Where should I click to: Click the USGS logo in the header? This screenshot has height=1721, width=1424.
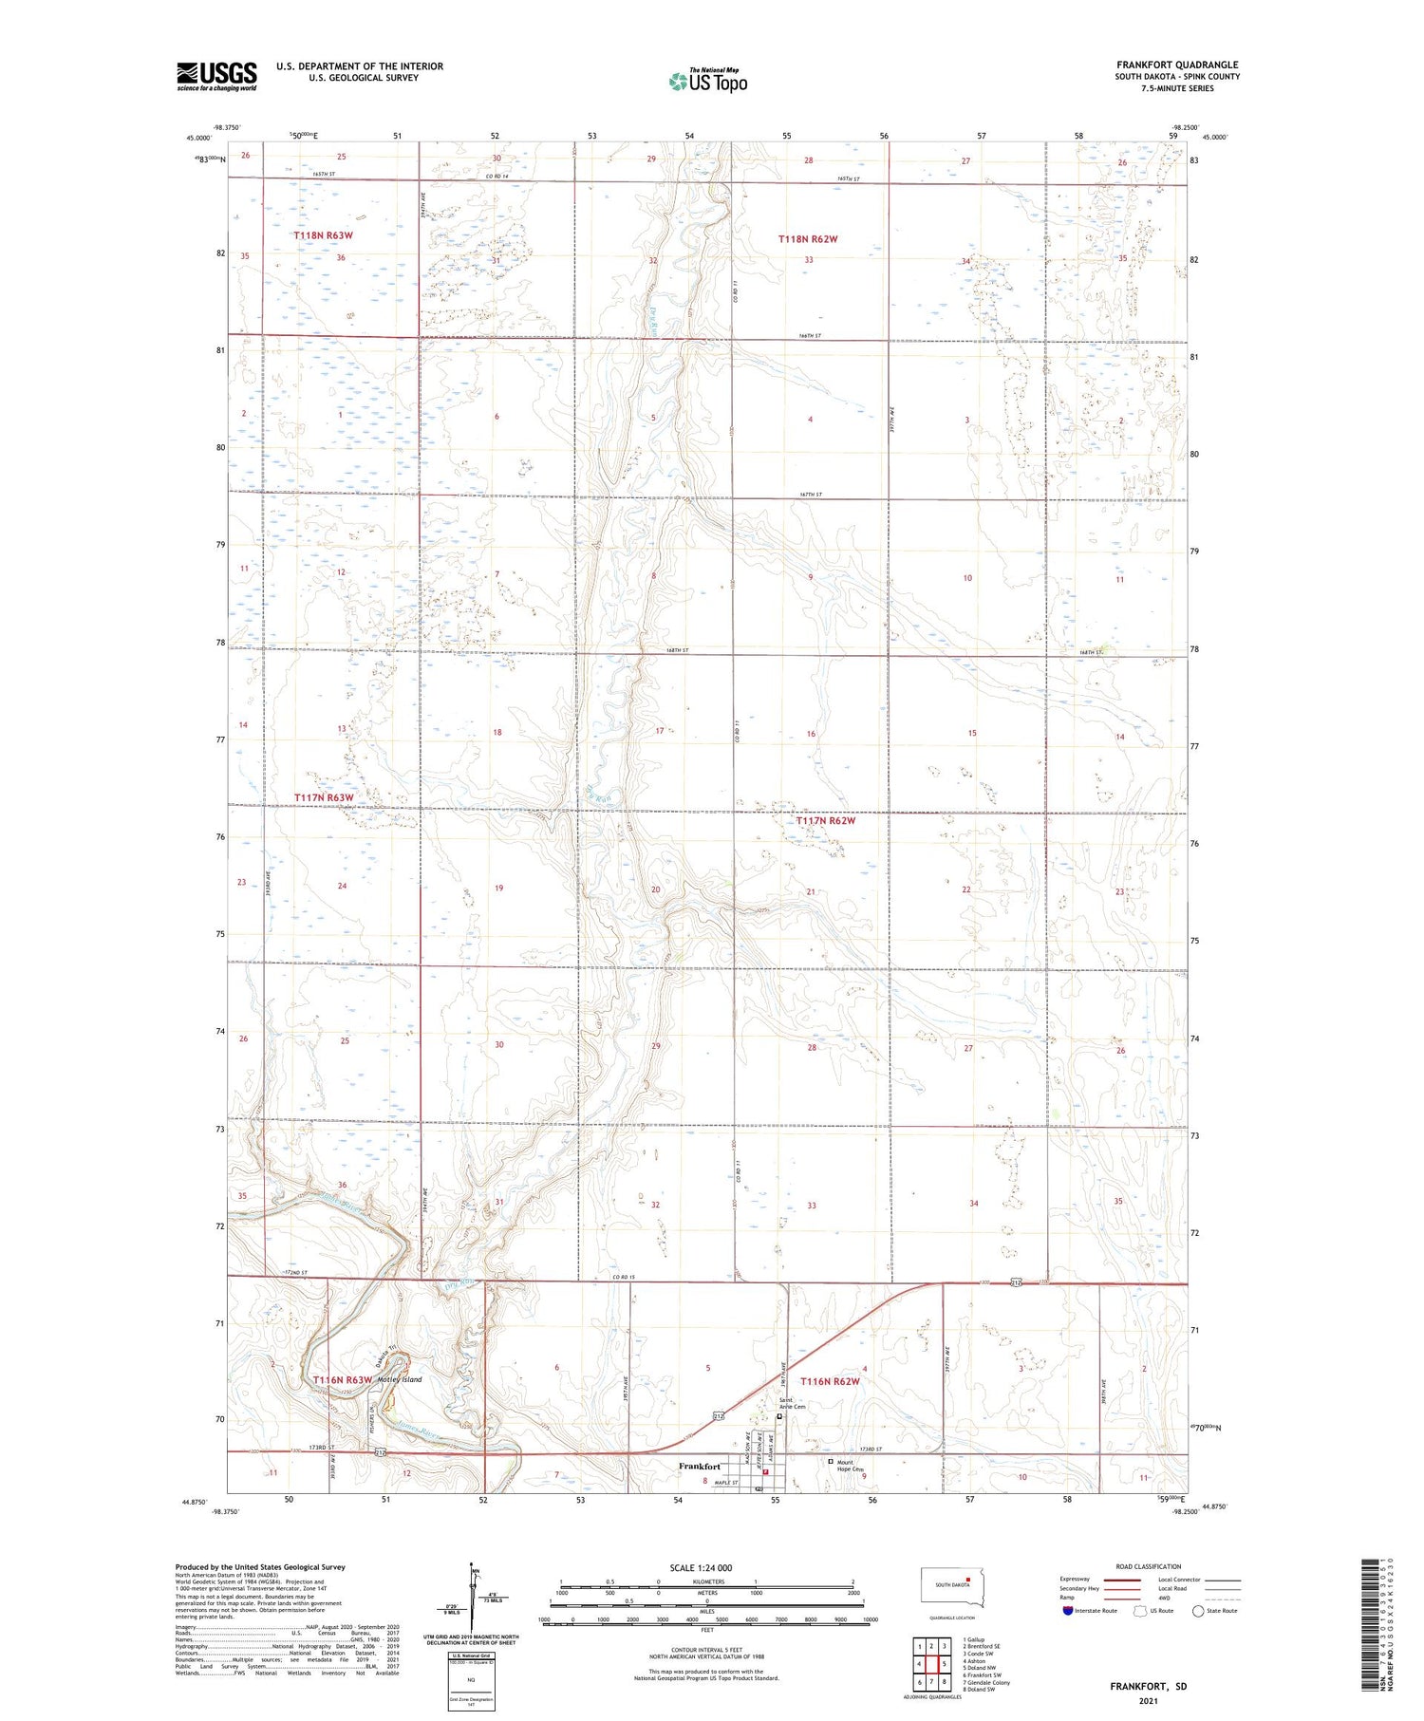(x=216, y=76)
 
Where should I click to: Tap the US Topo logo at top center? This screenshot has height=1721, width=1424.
(x=708, y=81)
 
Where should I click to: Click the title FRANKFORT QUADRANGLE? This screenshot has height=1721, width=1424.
(x=1177, y=65)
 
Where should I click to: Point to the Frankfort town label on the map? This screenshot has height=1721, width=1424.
(x=700, y=1467)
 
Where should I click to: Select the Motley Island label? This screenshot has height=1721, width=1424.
(x=399, y=1379)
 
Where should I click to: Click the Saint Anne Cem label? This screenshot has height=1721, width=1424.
(x=792, y=1403)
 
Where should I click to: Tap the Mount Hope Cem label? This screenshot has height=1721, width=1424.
(x=852, y=1466)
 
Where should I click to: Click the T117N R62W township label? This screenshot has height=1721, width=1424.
(x=825, y=820)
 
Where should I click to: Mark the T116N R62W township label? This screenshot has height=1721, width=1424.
(x=830, y=1381)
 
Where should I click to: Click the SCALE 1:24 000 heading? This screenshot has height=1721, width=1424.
(x=701, y=1567)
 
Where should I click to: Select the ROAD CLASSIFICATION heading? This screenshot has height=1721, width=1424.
(x=1149, y=1566)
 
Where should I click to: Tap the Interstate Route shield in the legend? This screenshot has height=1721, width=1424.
(x=1068, y=1611)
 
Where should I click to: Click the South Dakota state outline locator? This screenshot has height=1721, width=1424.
(x=952, y=1588)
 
